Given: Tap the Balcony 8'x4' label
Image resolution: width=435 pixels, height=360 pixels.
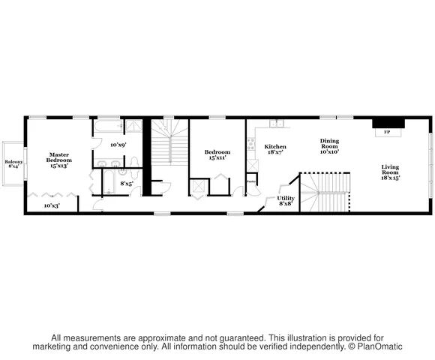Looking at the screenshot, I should (13, 164).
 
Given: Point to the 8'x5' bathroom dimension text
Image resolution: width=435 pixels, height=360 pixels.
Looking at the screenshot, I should (127, 183).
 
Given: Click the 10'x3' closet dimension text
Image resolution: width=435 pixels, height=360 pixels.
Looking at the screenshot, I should (51, 205).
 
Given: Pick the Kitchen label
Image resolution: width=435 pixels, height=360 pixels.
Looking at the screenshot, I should (275, 149).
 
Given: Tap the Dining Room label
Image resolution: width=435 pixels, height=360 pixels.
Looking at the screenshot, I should (329, 146).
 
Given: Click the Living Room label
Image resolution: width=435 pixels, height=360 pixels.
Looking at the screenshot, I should (390, 172).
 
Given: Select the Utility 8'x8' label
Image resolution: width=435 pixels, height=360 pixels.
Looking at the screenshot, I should (286, 200).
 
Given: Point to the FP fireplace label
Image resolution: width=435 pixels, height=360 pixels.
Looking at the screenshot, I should (387, 132).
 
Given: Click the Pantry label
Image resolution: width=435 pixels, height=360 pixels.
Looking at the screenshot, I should (252, 181).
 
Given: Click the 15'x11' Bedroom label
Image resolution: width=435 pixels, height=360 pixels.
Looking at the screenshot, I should (217, 155).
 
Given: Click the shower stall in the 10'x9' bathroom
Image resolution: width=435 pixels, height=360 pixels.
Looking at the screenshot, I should (133, 127).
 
